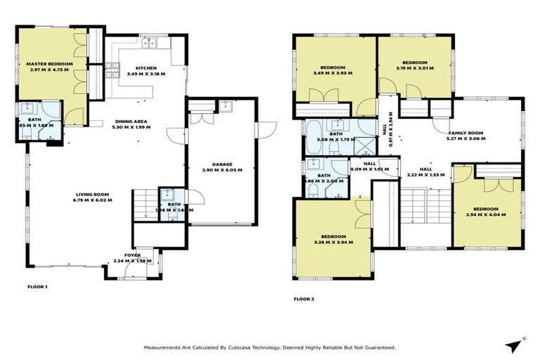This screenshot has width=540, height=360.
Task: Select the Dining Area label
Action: (131, 122)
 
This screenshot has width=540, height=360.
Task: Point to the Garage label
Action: (222, 165)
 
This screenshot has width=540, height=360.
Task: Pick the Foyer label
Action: (132, 255)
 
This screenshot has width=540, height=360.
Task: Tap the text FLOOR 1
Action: (37, 287)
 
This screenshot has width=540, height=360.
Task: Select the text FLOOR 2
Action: (304, 299)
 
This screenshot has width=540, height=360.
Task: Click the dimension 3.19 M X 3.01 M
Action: (416, 69)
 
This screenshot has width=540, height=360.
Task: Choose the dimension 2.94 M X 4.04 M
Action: (485, 214)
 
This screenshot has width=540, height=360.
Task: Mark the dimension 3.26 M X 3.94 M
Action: (333, 242)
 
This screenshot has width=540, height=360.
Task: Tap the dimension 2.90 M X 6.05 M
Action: (222, 170)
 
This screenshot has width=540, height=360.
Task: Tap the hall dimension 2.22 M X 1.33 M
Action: (426, 175)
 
